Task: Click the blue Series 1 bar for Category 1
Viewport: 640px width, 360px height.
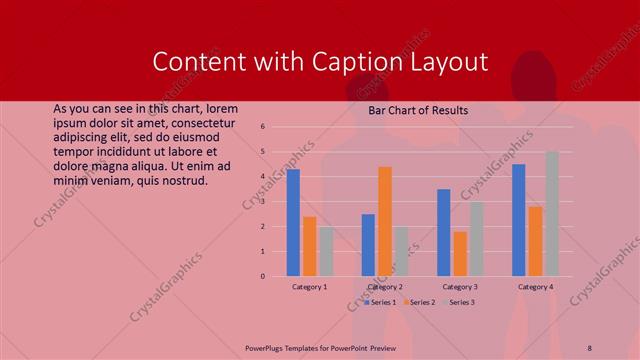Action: pos(293,223)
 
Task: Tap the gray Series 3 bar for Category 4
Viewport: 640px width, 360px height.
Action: pos(552,214)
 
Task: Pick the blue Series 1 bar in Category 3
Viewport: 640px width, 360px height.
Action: pos(444,232)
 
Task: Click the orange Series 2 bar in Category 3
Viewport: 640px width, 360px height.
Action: pos(460,254)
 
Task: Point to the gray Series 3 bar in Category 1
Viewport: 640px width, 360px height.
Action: pos(326,251)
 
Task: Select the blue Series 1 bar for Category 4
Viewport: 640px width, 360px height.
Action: pos(519,220)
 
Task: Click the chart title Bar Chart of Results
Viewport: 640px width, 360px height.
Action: pos(419,110)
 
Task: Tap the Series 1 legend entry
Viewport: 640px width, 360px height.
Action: pos(381,302)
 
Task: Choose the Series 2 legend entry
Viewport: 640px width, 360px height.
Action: pos(419,302)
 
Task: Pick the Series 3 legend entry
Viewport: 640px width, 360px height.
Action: pos(458,302)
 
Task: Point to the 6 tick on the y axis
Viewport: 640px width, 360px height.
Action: pos(262,127)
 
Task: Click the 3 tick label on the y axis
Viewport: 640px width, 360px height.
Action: pos(262,201)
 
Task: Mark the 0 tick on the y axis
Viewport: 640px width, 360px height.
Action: pos(262,276)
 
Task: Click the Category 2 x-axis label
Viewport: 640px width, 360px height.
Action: pos(385,287)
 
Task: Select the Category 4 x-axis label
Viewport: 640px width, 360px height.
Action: pos(535,287)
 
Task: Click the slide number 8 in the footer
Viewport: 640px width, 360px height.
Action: pos(590,347)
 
